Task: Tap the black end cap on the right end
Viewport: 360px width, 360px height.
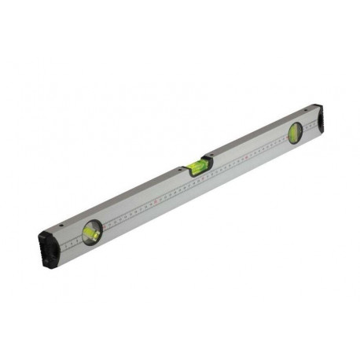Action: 314,118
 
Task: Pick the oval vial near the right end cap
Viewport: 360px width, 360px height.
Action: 295,134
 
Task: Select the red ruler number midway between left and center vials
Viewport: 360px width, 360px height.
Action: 155,201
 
